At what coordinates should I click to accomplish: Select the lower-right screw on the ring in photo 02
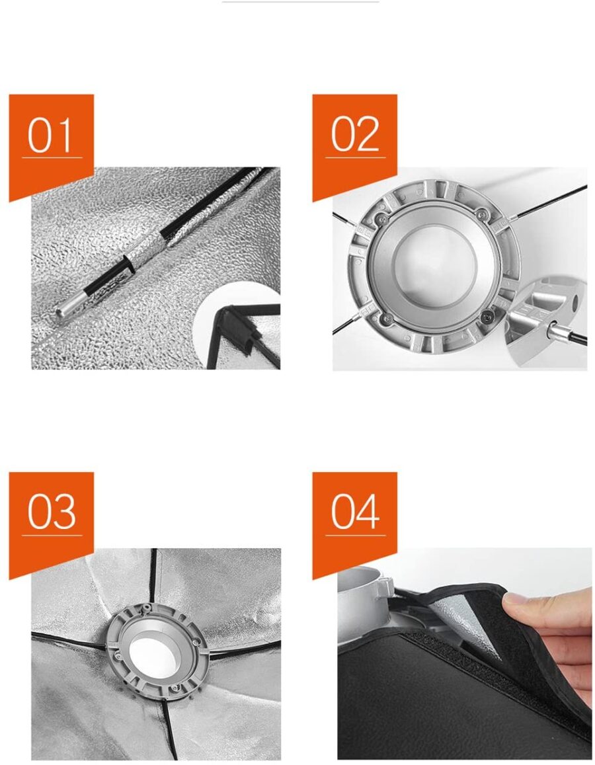click(x=486, y=318)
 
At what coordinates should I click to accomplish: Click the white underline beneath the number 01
click(x=52, y=157)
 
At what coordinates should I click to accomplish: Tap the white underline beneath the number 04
click(x=356, y=535)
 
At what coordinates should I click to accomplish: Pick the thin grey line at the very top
click(x=300, y=1)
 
